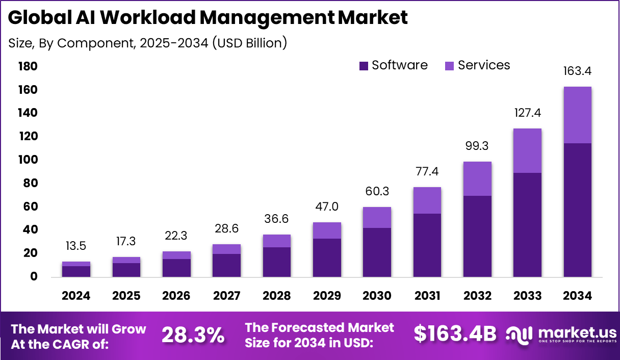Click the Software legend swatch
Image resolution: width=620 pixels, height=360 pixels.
click(364, 66)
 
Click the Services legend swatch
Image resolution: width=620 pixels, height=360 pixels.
click(450, 66)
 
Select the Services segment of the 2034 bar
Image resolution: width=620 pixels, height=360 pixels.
click(577, 115)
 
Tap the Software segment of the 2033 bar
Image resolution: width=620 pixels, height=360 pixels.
click(527, 224)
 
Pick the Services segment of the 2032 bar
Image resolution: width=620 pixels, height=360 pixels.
click(477, 178)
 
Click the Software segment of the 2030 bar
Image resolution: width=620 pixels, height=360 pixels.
click(377, 252)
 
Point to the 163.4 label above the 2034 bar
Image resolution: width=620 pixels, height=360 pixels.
click(577, 71)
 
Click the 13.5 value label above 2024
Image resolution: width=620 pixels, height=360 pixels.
click(76, 246)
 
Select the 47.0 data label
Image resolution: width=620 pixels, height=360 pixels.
click(327, 207)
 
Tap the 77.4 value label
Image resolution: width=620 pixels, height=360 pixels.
click(427, 171)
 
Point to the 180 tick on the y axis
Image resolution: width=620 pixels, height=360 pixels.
click(28, 67)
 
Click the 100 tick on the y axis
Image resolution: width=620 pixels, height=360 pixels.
click(28, 160)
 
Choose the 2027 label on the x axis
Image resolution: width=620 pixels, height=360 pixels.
click(226, 296)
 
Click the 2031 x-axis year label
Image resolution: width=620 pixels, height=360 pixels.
click(427, 296)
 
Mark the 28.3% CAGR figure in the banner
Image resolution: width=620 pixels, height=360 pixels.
click(193, 335)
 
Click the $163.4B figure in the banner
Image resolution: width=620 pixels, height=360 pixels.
click(455, 333)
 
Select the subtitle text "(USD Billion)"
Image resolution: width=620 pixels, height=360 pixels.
click(249, 43)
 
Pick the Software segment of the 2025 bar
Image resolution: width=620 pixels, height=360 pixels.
click(126, 270)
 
